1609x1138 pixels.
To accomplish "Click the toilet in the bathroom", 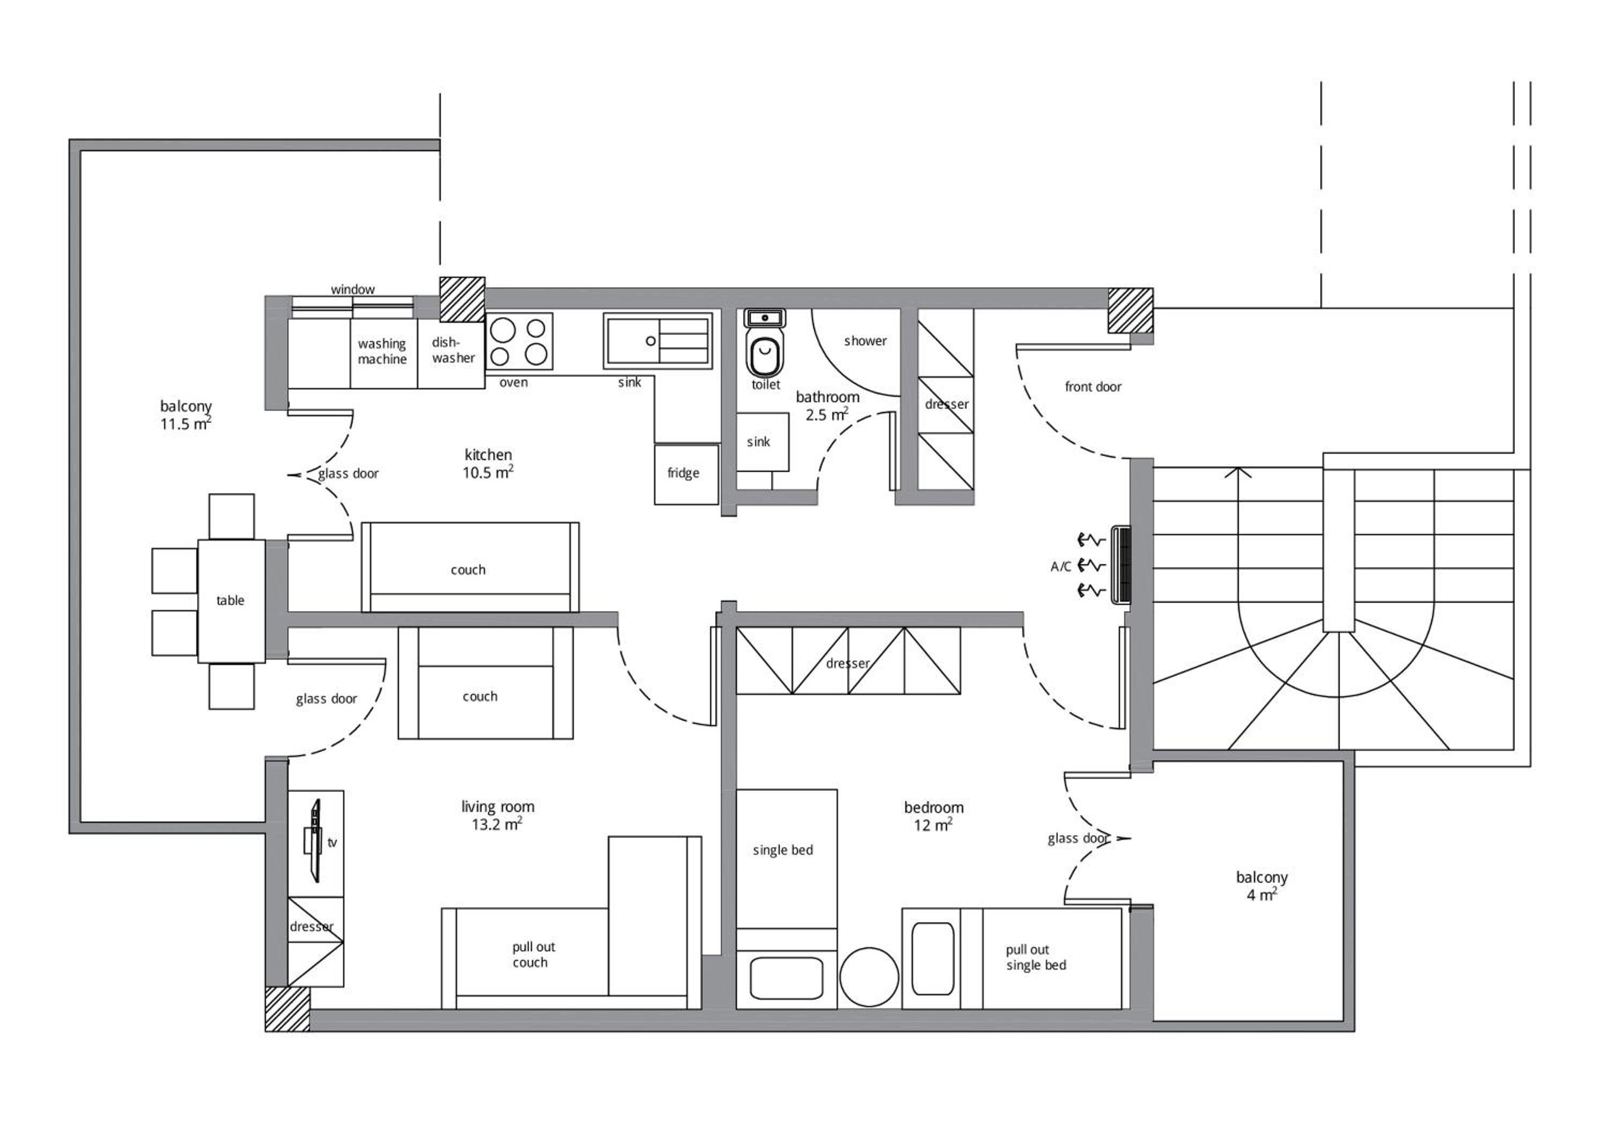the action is (x=765, y=343).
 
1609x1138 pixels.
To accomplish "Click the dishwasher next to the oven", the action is (x=451, y=353).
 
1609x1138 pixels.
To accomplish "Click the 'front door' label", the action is (x=1093, y=387).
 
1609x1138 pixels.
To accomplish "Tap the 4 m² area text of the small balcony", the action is (x=1261, y=895).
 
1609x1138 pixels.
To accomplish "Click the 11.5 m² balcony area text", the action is (x=186, y=423).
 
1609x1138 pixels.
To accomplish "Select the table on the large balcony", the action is (x=231, y=601).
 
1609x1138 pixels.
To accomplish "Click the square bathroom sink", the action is (x=763, y=441).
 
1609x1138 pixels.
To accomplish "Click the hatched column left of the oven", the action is (x=462, y=299).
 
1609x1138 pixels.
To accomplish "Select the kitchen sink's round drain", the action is (x=651, y=341).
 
